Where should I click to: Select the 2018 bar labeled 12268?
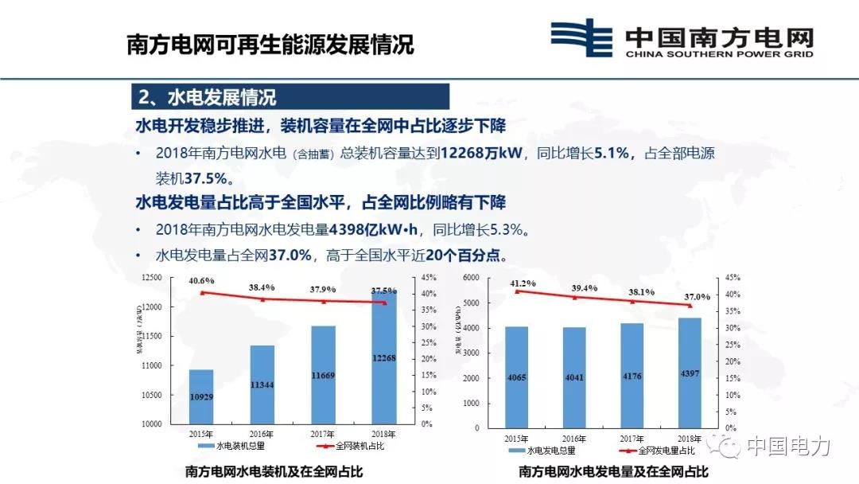point(385,358)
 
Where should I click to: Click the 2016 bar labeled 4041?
point(574,377)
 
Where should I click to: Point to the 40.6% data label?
point(201,280)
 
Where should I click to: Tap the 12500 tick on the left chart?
point(152,278)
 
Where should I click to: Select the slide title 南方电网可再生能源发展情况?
point(271,44)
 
